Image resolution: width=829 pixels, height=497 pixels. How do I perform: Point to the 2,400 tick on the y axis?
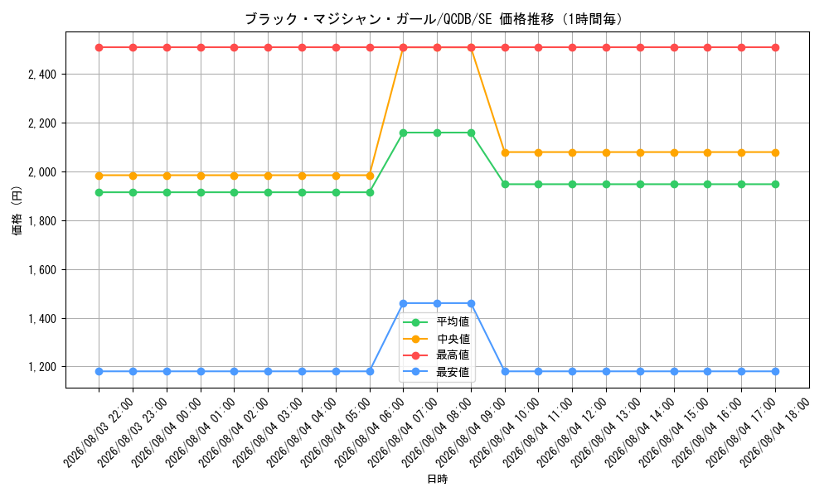42,75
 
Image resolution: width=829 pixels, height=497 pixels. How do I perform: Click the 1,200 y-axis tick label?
42,367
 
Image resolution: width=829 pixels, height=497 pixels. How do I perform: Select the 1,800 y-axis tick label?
42,221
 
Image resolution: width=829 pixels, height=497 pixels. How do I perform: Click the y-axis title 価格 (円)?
17,210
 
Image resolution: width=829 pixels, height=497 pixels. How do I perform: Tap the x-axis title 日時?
437,479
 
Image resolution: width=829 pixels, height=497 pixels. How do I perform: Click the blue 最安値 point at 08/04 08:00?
437,304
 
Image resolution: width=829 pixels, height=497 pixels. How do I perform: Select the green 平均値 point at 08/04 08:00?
437,133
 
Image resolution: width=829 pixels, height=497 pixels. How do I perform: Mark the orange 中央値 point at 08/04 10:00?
505,152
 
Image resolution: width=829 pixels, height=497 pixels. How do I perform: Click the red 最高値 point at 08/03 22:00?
99,47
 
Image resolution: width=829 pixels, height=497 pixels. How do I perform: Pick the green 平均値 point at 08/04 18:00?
775,185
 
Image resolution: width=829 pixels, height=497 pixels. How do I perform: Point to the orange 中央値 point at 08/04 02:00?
235,176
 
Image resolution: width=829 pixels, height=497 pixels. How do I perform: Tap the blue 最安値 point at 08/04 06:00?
370,371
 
